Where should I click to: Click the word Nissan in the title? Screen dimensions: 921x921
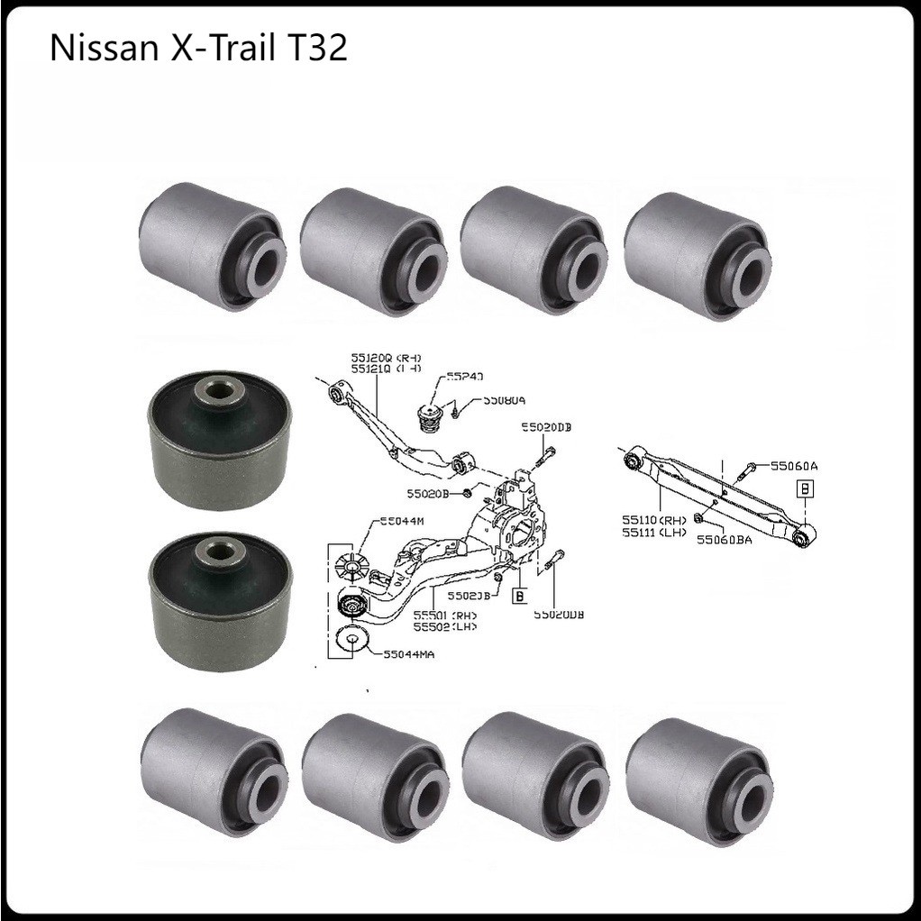100,48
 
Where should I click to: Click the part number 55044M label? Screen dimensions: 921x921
402,521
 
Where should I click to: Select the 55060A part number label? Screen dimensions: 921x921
795,466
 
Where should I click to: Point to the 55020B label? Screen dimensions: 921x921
429,493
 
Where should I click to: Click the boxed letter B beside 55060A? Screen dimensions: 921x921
805,488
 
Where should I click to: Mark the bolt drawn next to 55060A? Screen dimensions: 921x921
749,469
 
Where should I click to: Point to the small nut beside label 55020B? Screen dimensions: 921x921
468,492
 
